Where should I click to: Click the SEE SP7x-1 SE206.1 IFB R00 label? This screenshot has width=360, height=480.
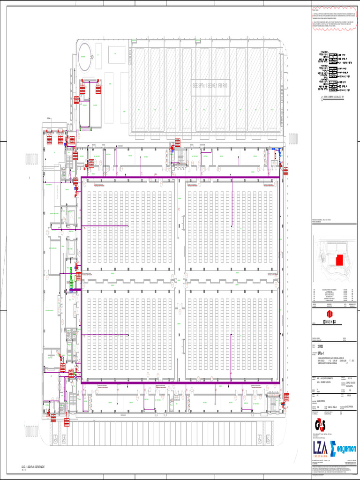coord(210,86)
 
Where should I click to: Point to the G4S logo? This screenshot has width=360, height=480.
coord(321,425)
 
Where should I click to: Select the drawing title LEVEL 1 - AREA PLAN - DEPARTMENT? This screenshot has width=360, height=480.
coord(32,468)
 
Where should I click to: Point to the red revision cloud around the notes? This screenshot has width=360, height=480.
coord(335,18)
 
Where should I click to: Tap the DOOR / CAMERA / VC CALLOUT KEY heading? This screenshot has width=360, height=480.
coord(333,98)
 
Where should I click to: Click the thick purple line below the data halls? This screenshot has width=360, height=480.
coord(180,382)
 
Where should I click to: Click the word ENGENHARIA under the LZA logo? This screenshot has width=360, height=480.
coord(322,455)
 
